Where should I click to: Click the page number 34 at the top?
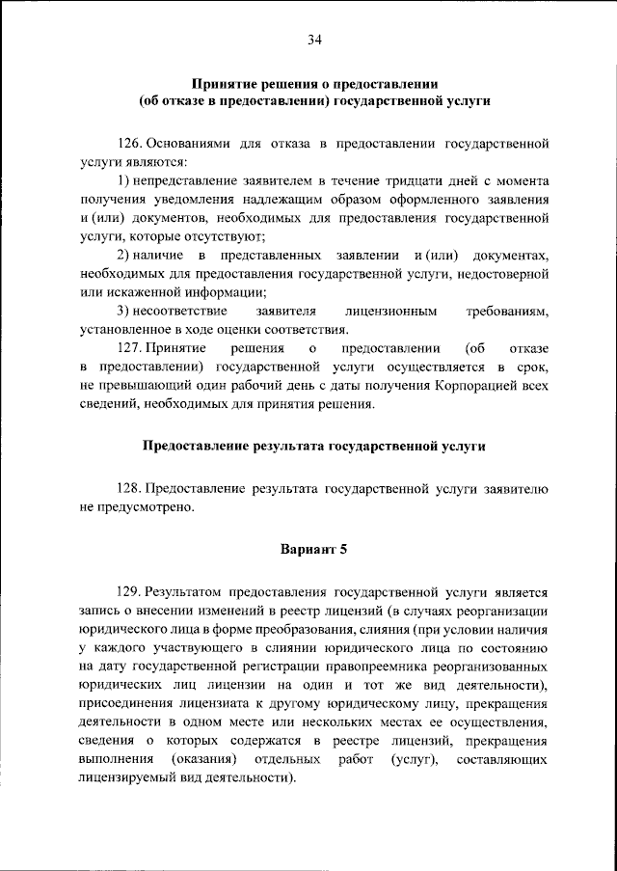pyautogui.click(x=314, y=39)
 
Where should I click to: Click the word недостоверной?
pyautogui.click(x=502, y=274)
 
